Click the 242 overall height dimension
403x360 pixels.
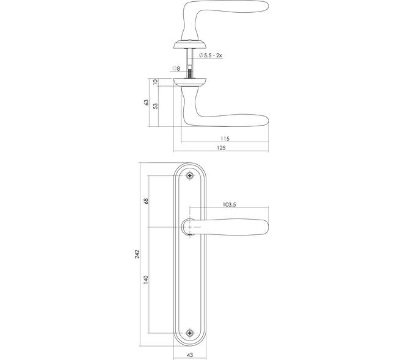(x=137, y=254)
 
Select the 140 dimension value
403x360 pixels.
(x=146, y=279)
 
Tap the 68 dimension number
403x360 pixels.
(x=146, y=201)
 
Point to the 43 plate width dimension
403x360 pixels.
(x=190, y=355)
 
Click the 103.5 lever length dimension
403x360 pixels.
(x=229, y=204)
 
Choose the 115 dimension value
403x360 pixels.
(x=225, y=139)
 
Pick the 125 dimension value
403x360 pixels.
(x=221, y=148)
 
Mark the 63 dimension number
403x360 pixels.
(x=147, y=102)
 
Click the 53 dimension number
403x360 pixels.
(x=156, y=106)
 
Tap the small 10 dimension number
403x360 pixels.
(x=155, y=82)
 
